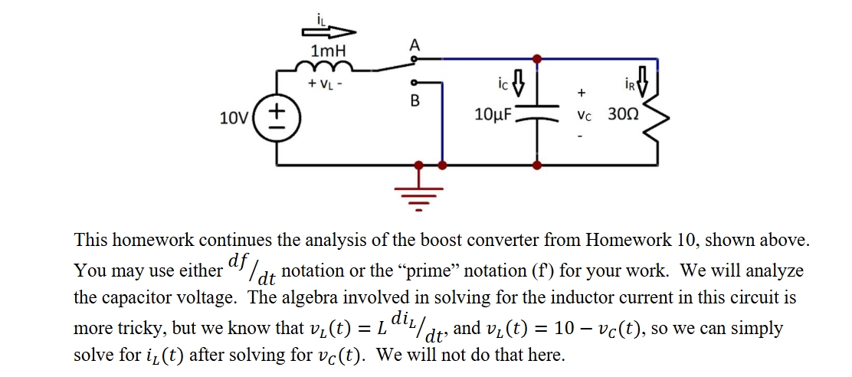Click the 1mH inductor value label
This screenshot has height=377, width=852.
coord(328,51)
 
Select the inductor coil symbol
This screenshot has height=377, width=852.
coord(328,69)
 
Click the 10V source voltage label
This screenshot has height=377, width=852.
coord(234,118)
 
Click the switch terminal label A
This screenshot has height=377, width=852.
coord(415,45)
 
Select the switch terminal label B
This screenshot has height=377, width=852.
coord(415,100)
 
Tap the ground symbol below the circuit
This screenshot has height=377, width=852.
coord(418,192)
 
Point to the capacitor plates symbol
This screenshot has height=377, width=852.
coord(536,118)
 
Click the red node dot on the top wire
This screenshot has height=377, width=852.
coord(536,58)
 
